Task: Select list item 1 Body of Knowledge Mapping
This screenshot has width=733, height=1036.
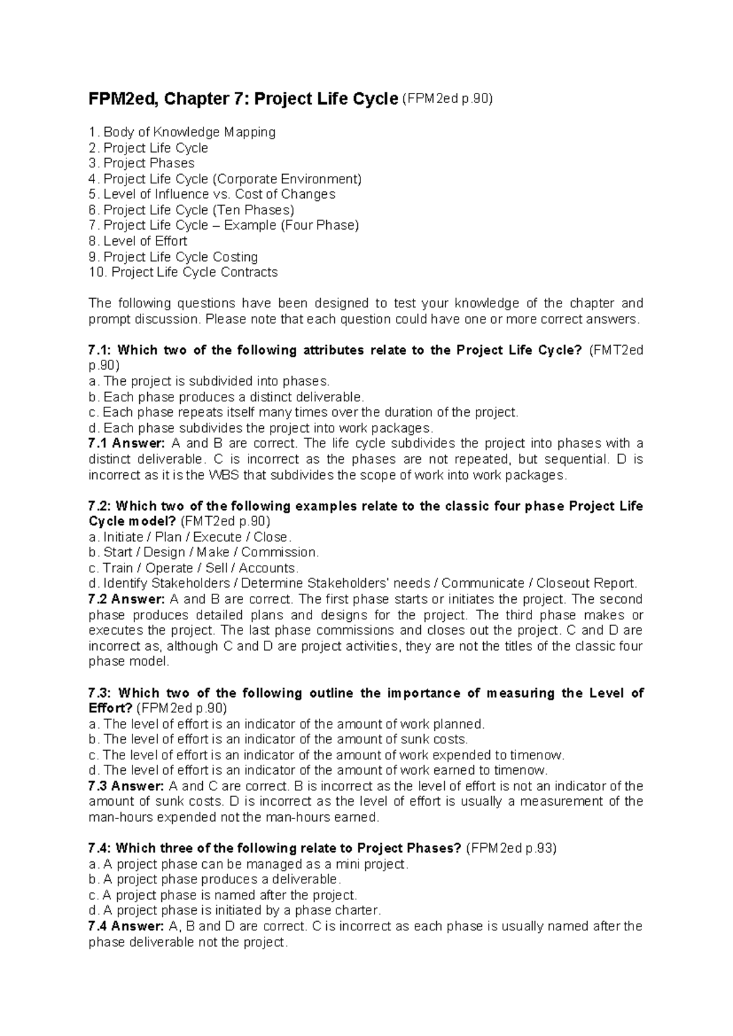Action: pos(182,132)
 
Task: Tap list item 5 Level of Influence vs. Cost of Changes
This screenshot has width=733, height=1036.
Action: pos(212,194)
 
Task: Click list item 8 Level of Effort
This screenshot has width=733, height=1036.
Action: pos(138,241)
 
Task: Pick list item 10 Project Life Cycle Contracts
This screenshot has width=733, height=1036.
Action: pos(183,272)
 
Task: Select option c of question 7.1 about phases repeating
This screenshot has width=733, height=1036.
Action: pos(304,412)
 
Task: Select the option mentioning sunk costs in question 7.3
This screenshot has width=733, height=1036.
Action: pos(279,739)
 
